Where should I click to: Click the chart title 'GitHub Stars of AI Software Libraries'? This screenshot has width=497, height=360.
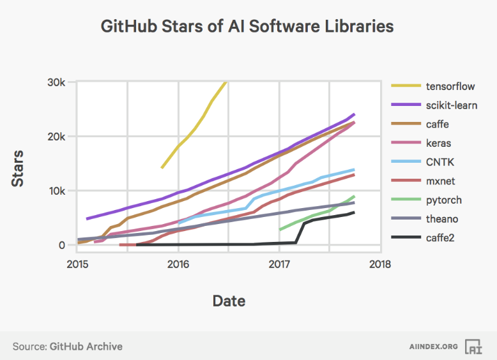click(x=247, y=27)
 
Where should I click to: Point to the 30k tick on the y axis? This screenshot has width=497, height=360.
click(x=57, y=82)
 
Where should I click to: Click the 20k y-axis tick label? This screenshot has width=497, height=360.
click(x=57, y=137)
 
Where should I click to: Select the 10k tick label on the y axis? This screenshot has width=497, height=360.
click(x=57, y=191)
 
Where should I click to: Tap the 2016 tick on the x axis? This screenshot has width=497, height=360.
click(x=178, y=263)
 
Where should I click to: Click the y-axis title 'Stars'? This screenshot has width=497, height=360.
click(x=19, y=168)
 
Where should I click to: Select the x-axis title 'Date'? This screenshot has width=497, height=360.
click(x=229, y=300)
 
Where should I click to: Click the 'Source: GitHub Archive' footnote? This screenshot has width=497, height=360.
click(x=68, y=347)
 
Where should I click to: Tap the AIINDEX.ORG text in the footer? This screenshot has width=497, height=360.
click(x=433, y=347)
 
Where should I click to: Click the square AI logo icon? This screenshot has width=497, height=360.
click(x=473, y=347)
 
